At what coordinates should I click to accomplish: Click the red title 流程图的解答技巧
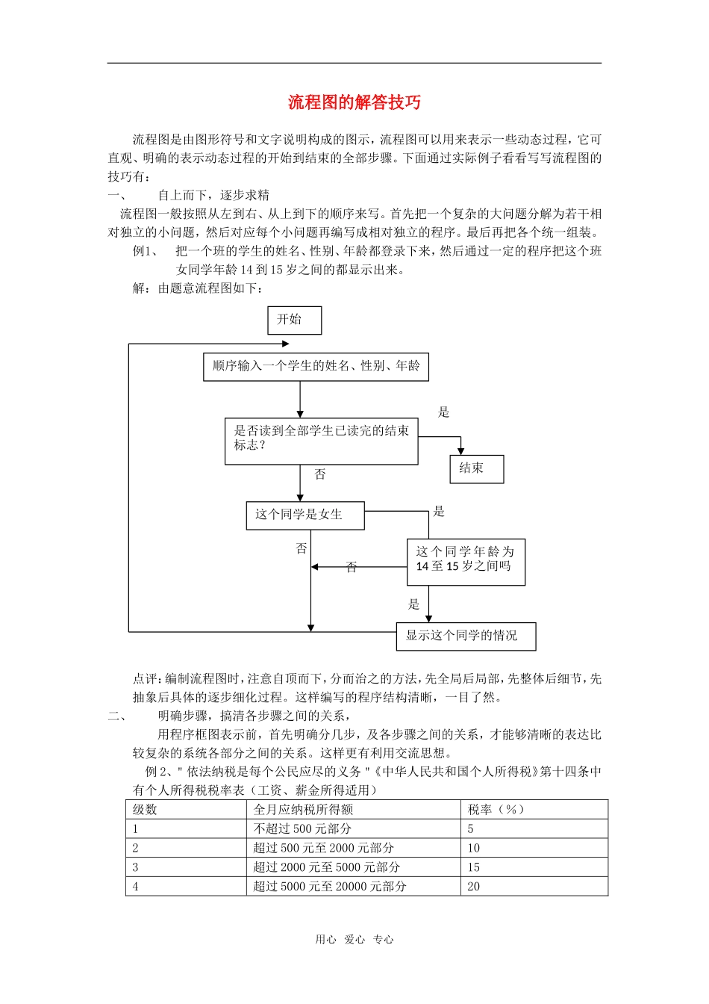coord(354,102)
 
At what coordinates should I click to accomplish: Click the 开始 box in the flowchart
coord(294,320)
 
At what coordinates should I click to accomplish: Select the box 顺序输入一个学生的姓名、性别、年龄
coord(316,366)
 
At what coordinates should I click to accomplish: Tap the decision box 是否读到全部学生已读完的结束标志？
coord(321,441)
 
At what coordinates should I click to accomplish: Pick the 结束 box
coord(477,469)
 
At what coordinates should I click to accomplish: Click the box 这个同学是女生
coord(305,515)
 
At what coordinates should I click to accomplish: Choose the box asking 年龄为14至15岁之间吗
coord(466,562)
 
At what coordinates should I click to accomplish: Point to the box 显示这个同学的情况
coord(466,636)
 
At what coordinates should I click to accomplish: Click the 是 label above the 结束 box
coord(443,412)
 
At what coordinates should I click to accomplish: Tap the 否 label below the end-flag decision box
coord(320,475)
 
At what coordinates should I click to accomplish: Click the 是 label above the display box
coord(414,604)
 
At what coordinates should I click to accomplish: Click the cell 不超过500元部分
coord(302,829)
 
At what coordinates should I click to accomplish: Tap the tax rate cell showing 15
coord(474,867)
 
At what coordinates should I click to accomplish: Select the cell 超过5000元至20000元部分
coord(329,887)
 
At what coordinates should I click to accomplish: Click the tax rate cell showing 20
coord(474,887)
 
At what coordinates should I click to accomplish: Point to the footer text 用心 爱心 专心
coord(354,940)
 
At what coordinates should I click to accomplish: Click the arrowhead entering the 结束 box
coord(460,450)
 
